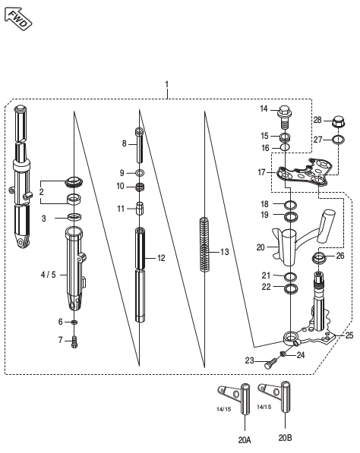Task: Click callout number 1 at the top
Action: [x=166, y=83]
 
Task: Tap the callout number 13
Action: [x=224, y=251]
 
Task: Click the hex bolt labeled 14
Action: [x=286, y=115]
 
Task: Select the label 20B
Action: [x=286, y=438]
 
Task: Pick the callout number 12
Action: [x=161, y=258]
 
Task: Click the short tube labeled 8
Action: [x=140, y=144]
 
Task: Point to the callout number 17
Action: [x=262, y=173]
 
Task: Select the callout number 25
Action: [x=349, y=335]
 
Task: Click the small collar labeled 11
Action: [x=140, y=209]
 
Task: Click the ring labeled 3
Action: [x=74, y=219]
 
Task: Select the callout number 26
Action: [x=339, y=256]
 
